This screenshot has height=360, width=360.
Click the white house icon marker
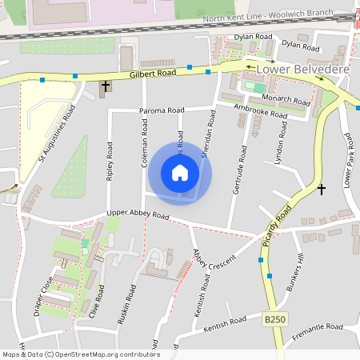click(x=180, y=173)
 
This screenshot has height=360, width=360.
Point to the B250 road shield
click(x=274, y=320)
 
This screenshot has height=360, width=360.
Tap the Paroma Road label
click(x=162, y=110)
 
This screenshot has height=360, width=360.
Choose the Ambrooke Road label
click(x=260, y=110)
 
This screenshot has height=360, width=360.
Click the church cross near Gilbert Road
click(x=105, y=86)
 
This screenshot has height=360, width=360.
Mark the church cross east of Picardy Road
click(x=322, y=190)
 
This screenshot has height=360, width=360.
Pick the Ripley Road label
click(x=110, y=164)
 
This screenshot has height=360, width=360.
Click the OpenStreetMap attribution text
click(x=80, y=354)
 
